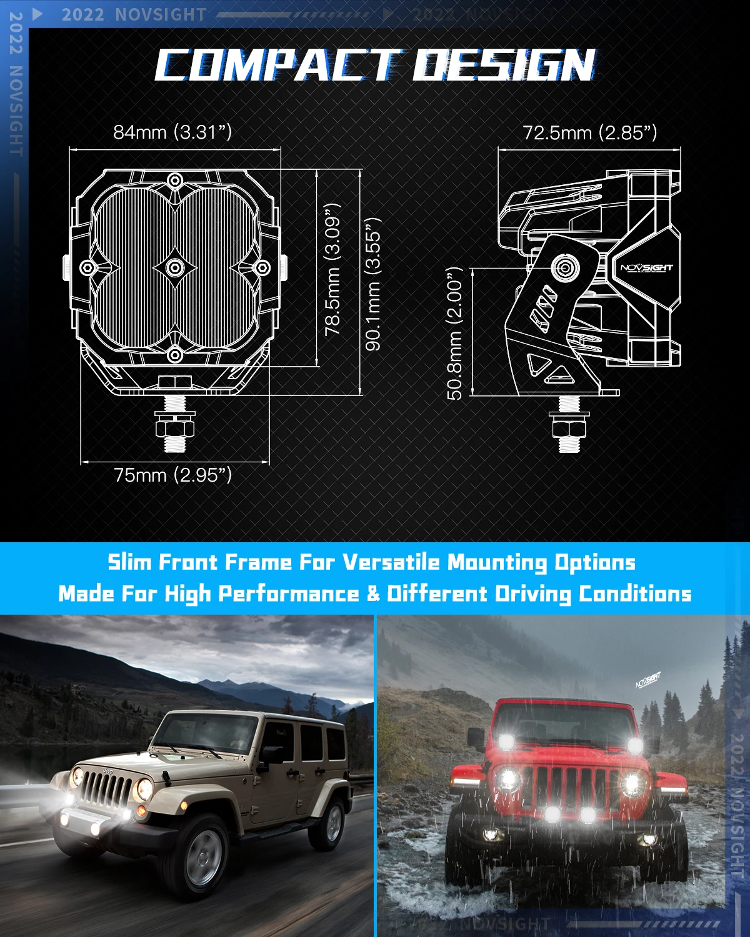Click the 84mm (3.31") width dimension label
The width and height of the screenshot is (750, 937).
[172, 132]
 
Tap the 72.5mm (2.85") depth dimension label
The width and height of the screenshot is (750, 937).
[589, 132]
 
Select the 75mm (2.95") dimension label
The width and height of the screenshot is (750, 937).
[173, 475]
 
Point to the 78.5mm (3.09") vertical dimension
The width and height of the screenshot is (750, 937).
[333, 269]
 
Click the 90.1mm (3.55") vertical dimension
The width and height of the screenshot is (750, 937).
[373, 284]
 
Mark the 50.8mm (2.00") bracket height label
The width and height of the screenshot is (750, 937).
[456, 333]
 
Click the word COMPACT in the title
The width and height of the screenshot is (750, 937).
[275, 66]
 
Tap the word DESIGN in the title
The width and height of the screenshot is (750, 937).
[503, 66]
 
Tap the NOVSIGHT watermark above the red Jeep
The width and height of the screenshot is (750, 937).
[648, 680]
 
